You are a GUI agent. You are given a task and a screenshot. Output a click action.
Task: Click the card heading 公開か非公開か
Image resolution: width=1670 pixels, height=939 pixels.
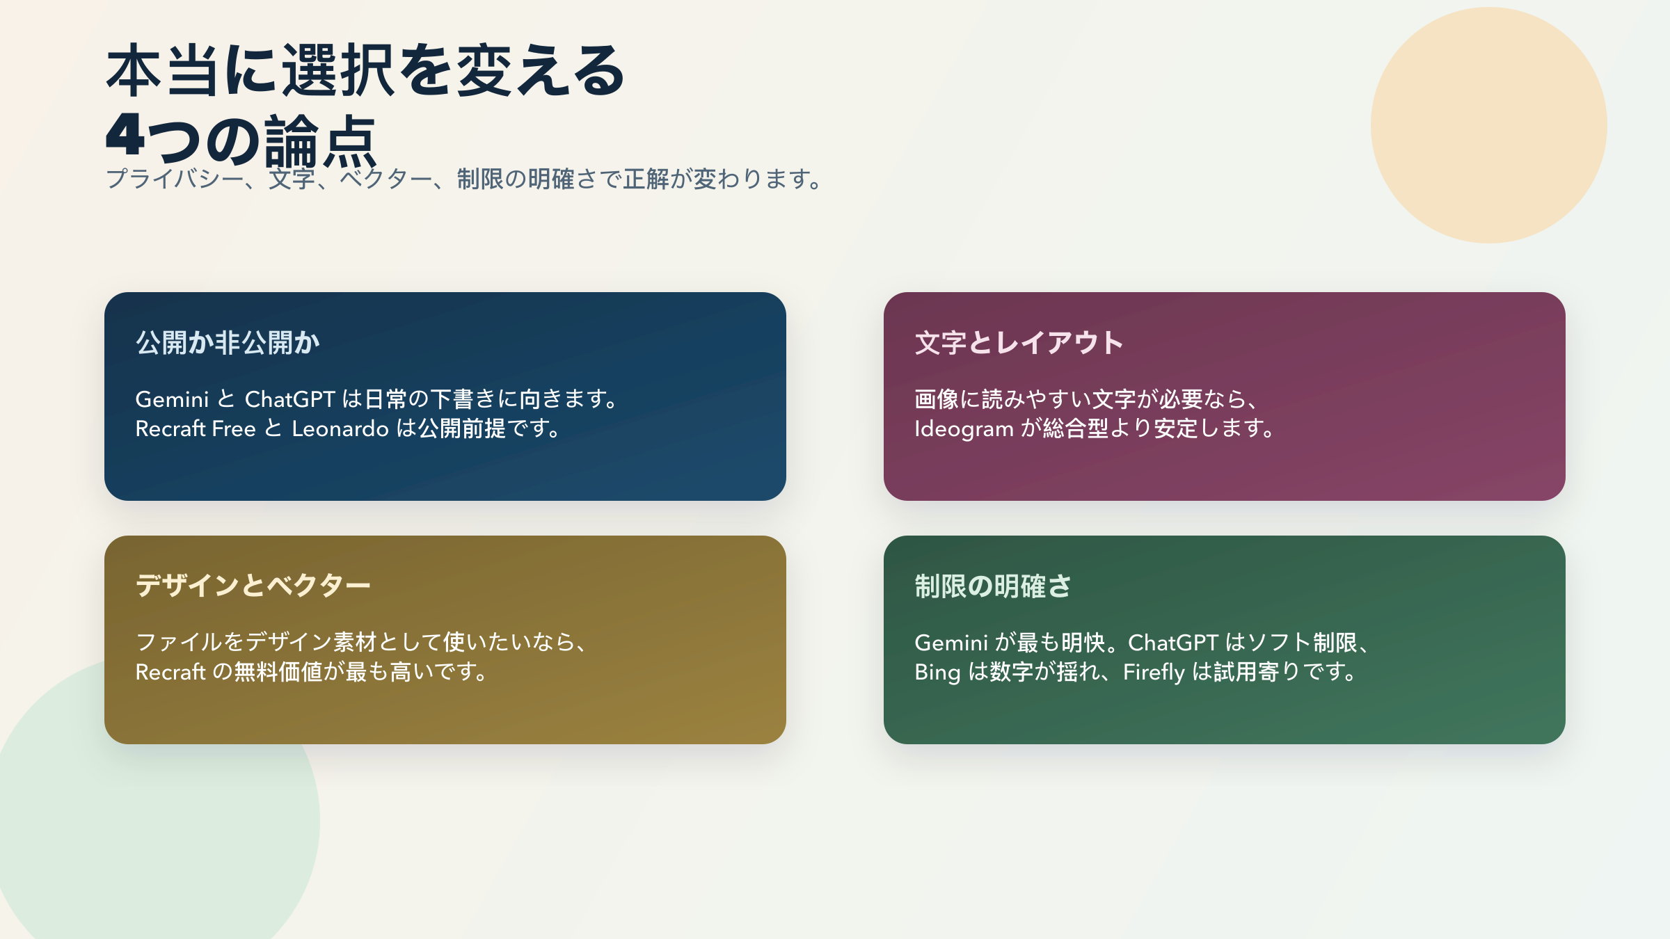click(x=228, y=343)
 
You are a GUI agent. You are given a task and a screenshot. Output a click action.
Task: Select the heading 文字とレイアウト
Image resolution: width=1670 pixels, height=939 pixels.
click(x=1019, y=343)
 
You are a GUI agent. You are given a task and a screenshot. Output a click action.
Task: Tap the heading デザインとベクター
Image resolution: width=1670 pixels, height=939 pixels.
click(x=253, y=586)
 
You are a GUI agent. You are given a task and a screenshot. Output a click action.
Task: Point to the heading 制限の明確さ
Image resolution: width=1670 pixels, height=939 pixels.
click(x=992, y=586)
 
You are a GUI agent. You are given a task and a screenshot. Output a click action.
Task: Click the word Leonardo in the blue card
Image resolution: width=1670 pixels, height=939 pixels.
click(x=340, y=428)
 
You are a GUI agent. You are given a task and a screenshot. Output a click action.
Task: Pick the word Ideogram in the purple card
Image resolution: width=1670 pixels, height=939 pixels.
click(x=964, y=428)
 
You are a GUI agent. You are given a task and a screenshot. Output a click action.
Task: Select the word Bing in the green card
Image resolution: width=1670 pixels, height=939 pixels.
click(x=937, y=672)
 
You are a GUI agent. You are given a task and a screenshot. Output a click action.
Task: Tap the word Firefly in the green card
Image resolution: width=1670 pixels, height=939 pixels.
click(x=1153, y=672)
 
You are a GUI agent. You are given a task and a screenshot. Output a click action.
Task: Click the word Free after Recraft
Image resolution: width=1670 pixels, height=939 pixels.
click(x=234, y=428)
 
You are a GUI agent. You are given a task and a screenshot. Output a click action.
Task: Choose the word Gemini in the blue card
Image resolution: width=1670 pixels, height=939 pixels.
click(x=172, y=399)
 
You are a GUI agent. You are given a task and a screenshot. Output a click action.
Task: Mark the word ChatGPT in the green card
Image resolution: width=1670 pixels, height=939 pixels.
click(x=1172, y=643)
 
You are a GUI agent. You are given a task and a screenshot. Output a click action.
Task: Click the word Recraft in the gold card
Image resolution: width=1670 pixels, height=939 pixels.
click(x=170, y=672)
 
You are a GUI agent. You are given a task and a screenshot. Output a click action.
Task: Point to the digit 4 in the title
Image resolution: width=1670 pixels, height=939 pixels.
click(x=125, y=136)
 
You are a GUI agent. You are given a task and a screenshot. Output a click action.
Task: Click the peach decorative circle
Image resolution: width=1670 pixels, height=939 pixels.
click(x=1488, y=125)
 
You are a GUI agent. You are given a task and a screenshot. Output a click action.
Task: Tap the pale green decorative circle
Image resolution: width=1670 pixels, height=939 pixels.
click(x=139, y=835)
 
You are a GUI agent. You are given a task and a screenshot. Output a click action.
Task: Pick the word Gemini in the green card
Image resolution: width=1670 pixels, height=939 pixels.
click(x=951, y=643)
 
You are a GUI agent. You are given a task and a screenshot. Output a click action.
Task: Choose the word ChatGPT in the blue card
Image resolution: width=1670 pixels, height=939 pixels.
click(x=290, y=399)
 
